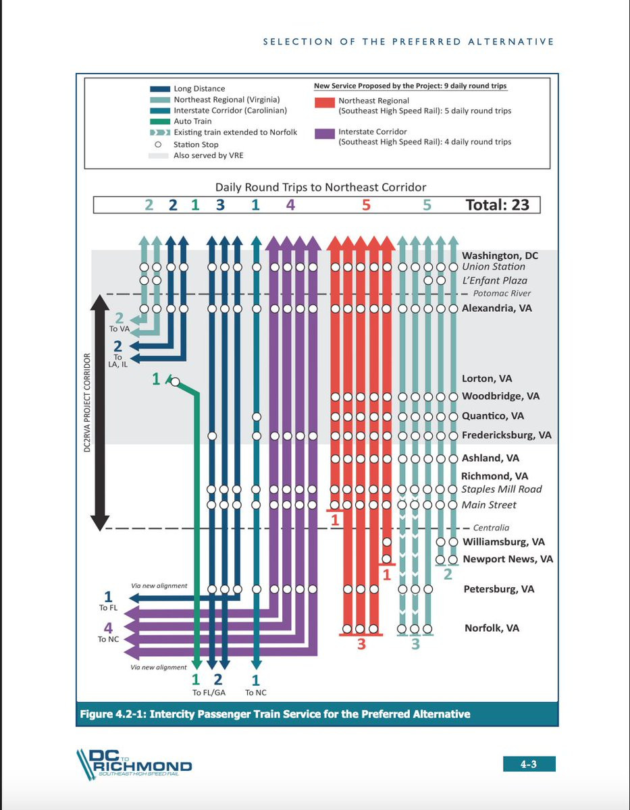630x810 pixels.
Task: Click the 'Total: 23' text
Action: point(498,204)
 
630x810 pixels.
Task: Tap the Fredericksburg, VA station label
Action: point(506,435)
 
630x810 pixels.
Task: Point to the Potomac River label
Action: point(502,294)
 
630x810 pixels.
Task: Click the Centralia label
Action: point(491,528)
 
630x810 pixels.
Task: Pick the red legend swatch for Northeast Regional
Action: point(324,102)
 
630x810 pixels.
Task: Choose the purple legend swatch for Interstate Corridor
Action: point(324,133)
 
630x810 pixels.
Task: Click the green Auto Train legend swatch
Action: point(159,122)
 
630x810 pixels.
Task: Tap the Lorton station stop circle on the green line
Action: point(175,382)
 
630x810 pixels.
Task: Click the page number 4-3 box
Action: point(529,764)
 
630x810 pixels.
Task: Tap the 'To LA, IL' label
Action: point(117,362)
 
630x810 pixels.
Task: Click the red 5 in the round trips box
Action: point(366,204)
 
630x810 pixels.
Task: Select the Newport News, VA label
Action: point(508,560)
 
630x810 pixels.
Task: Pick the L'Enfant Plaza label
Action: point(494,280)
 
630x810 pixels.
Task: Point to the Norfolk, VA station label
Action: point(492,628)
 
